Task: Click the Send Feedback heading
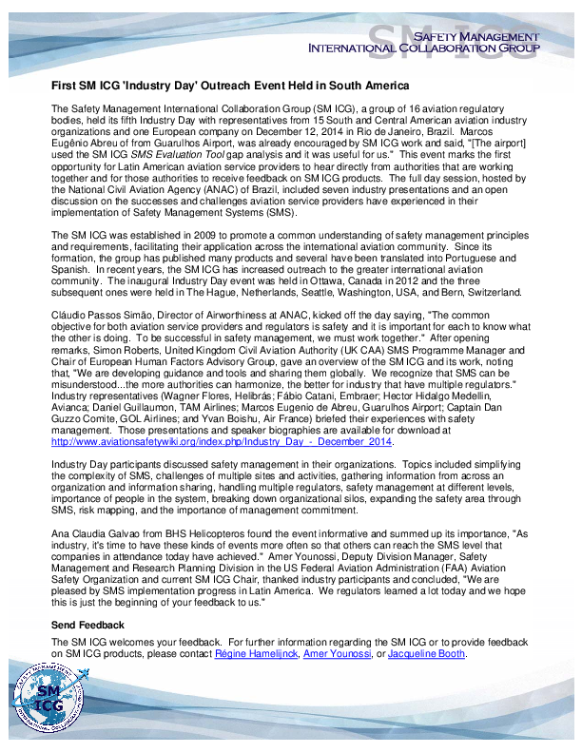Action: click(87, 625)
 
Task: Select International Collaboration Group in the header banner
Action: click(423, 48)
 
